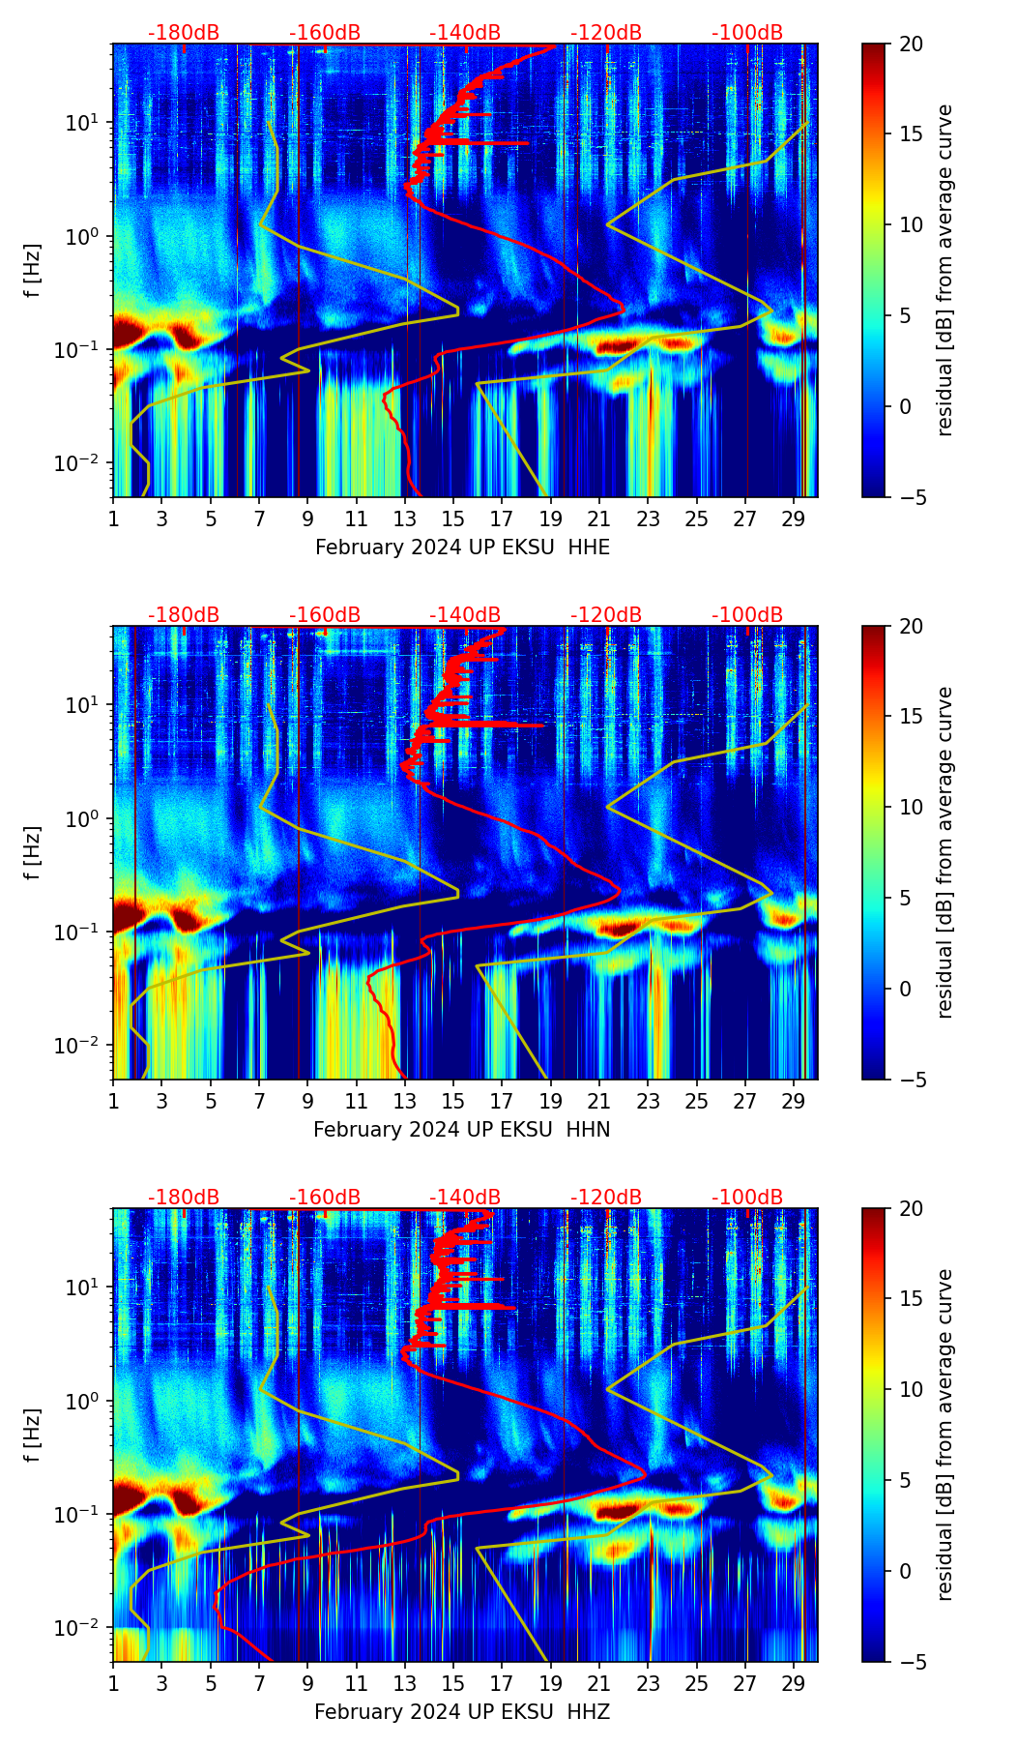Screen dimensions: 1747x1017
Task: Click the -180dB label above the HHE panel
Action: pyautogui.click(x=184, y=33)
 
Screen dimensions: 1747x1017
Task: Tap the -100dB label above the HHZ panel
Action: pyautogui.click(x=747, y=1198)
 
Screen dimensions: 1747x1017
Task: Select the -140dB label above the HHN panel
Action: pyautogui.click(x=465, y=615)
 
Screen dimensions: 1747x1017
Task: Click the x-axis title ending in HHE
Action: pyautogui.click(x=462, y=548)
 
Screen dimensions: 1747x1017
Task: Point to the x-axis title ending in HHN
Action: pyautogui.click(x=461, y=1130)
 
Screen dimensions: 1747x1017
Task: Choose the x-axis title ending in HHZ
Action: pyautogui.click(x=461, y=1712)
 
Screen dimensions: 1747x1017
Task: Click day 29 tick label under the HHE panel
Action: pyautogui.click(x=794, y=518)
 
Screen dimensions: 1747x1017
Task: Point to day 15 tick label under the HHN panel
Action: pyautogui.click(x=453, y=1100)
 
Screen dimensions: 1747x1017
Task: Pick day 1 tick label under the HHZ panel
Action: pyautogui.click(x=113, y=1682)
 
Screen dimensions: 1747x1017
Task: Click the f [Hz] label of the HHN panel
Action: pyautogui.click(x=33, y=852)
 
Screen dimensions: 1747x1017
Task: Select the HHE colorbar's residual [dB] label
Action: pyautogui.click(x=944, y=270)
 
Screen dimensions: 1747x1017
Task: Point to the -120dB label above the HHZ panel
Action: pyautogui.click(x=606, y=1198)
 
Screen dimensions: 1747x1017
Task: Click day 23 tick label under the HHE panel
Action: pyautogui.click(x=648, y=518)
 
